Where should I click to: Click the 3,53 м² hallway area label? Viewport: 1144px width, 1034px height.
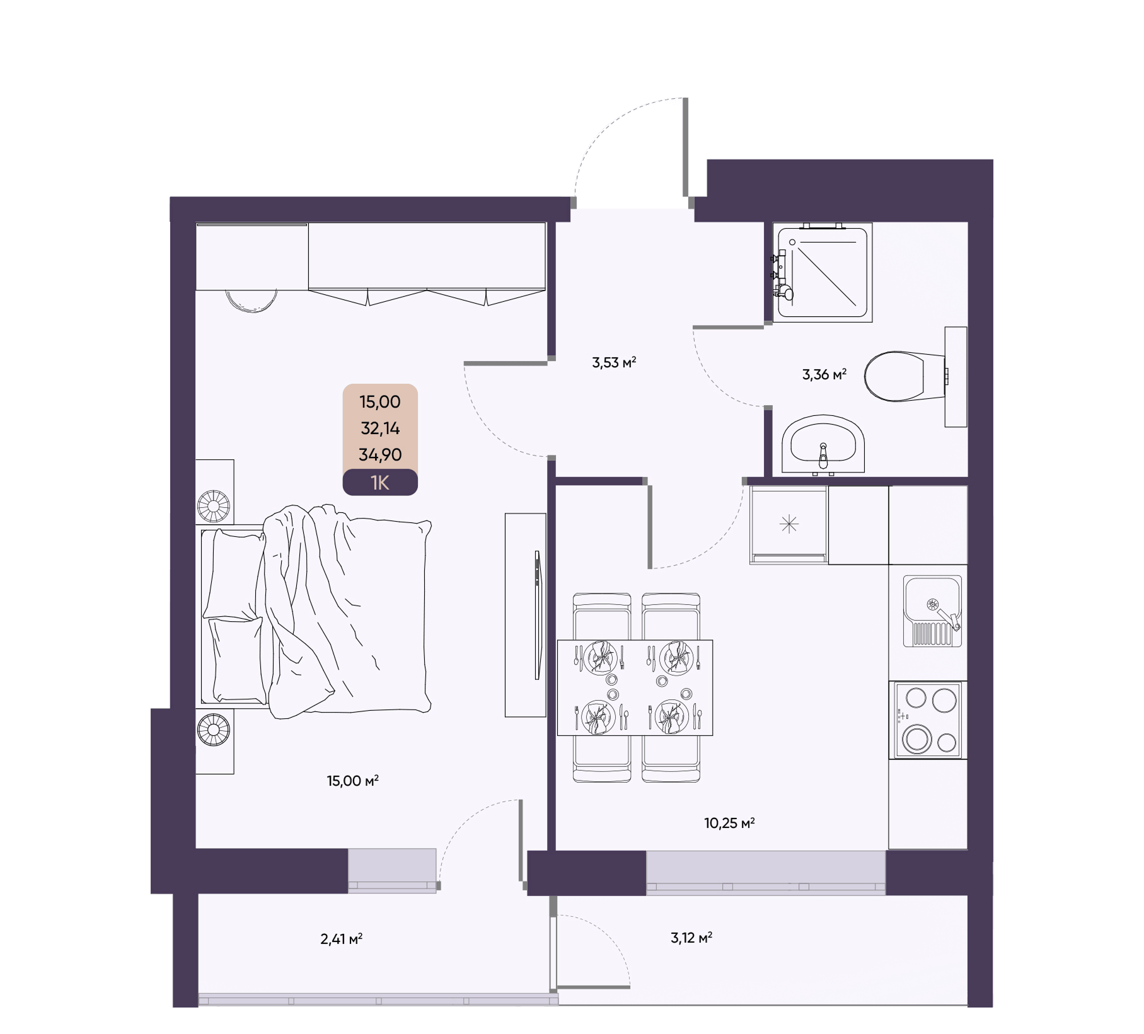pos(614,362)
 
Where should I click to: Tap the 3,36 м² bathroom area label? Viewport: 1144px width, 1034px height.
pos(824,374)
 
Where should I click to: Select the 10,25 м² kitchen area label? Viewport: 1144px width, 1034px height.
pos(729,823)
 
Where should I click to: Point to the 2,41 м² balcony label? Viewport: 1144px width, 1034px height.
pos(341,939)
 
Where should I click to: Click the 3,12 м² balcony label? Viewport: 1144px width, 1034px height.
pos(691,938)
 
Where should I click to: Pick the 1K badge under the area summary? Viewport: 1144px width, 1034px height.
pos(380,483)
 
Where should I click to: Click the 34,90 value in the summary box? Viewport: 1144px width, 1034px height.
pos(380,454)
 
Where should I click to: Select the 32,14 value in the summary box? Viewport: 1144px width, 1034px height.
pos(380,428)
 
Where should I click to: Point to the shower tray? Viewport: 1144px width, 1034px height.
pos(823,272)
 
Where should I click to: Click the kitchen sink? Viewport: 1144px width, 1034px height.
pos(932,611)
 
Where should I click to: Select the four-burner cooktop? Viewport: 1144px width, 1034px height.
pos(928,720)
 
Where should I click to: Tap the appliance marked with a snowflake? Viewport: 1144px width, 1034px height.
pos(789,525)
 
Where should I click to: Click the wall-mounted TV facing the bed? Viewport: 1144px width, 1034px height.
pos(538,615)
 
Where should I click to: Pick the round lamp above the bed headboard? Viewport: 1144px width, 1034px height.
pos(214,506)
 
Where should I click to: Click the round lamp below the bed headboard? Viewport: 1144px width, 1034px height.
pos(214,730)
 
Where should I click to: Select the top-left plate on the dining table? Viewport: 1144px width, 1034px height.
pos(600,657)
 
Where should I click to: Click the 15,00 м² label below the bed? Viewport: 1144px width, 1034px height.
pos(352,781)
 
